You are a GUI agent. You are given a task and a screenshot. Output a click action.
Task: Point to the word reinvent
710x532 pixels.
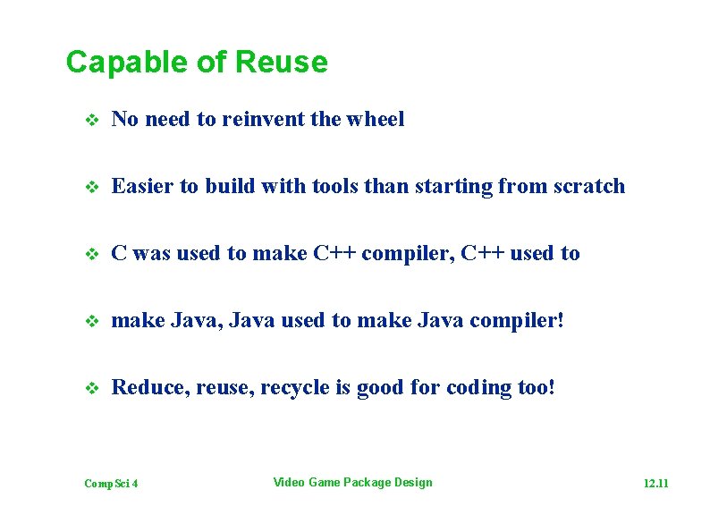[267, 119]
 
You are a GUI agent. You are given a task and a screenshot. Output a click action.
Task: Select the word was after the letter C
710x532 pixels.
[150, 254]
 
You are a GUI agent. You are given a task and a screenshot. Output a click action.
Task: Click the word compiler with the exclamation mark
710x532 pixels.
[520, 321]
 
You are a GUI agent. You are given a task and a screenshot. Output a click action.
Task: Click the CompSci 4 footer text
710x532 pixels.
[111, 484]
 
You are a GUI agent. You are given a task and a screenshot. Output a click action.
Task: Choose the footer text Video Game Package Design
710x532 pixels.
[352, 483]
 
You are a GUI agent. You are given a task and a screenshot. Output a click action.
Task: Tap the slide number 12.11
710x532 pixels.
[655, 484]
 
